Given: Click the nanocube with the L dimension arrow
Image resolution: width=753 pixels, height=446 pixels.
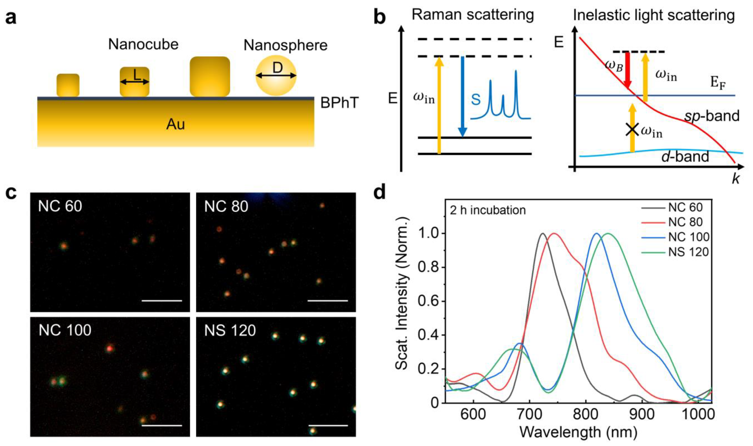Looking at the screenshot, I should (x=134, y=81).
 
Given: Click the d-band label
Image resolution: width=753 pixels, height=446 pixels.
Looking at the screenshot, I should (x=685, y=156).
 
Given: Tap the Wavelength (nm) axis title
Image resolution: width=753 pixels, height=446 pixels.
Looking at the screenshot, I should (x=578, y=432).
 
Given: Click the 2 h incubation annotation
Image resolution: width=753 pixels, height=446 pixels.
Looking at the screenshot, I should (x=488, y=210).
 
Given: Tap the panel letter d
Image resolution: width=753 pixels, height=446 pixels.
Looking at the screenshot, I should (x=380, y=192).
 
